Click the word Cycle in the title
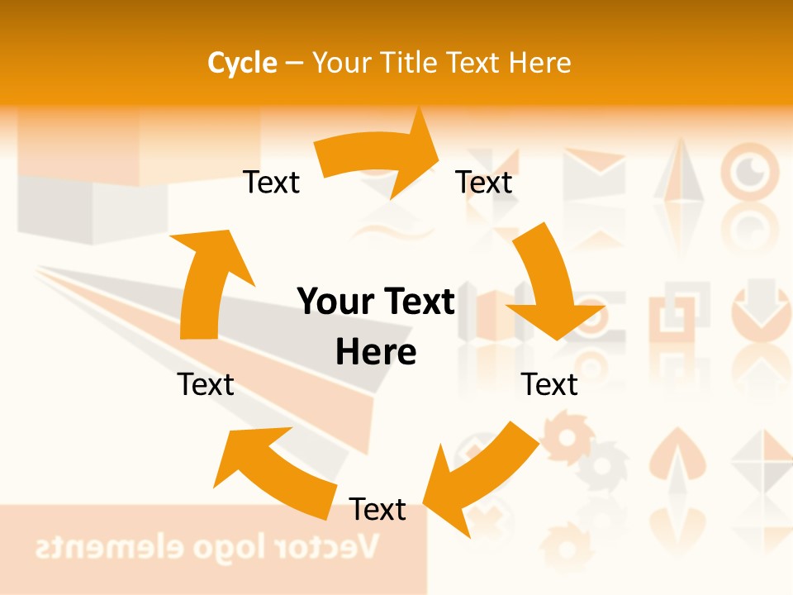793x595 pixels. pos(242,63)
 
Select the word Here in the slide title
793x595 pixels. pos(540,63)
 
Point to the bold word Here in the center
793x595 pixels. pos(376,352)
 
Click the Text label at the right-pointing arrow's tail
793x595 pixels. pos(271,183)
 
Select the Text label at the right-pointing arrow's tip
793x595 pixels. pos(484,183)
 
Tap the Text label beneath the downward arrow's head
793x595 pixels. pos(550,384)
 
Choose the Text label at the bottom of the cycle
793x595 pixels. pos(378,509)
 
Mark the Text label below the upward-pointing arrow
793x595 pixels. pos(206,384)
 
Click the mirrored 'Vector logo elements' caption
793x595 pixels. pos(207,546)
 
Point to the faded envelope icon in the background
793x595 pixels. pos(594,174)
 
